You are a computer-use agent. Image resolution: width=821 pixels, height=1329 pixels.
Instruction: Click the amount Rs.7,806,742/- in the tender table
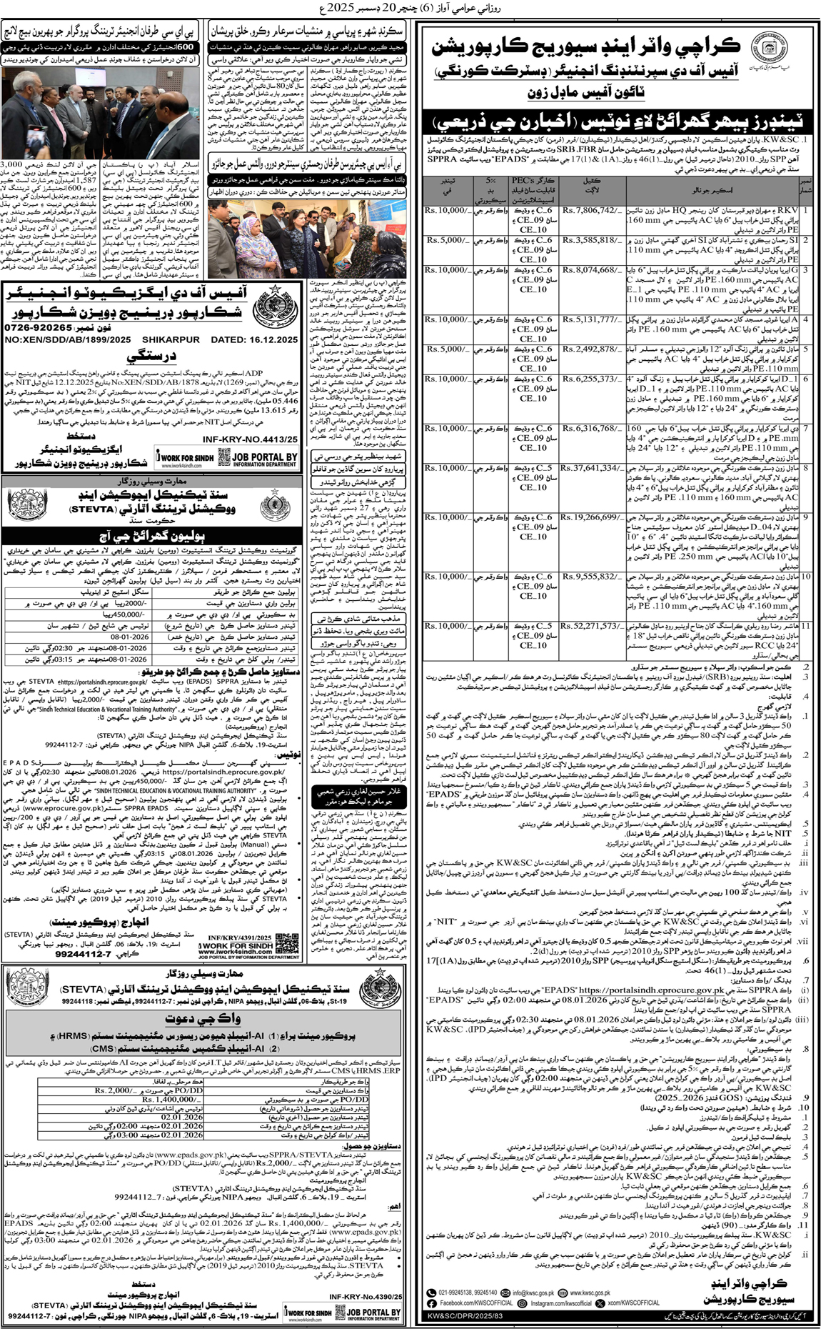tap(590, 211)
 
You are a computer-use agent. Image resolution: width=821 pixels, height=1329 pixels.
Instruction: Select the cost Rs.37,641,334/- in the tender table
tap(590, 468)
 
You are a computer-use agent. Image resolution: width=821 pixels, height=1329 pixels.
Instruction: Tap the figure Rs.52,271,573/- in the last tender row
tap(590, 626)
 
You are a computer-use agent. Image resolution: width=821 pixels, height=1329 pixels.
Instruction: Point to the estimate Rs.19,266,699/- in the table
tap(590, 517)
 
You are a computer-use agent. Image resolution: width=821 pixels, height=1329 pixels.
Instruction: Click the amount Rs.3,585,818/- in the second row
tap(590, 240)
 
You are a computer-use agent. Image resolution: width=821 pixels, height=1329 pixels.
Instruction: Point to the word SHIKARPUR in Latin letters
tap(171, 339)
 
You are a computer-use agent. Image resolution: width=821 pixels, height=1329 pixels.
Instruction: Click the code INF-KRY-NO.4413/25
tap(250, 440)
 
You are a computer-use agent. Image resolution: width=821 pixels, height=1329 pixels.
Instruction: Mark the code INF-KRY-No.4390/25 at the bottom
tap(366, 1297)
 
